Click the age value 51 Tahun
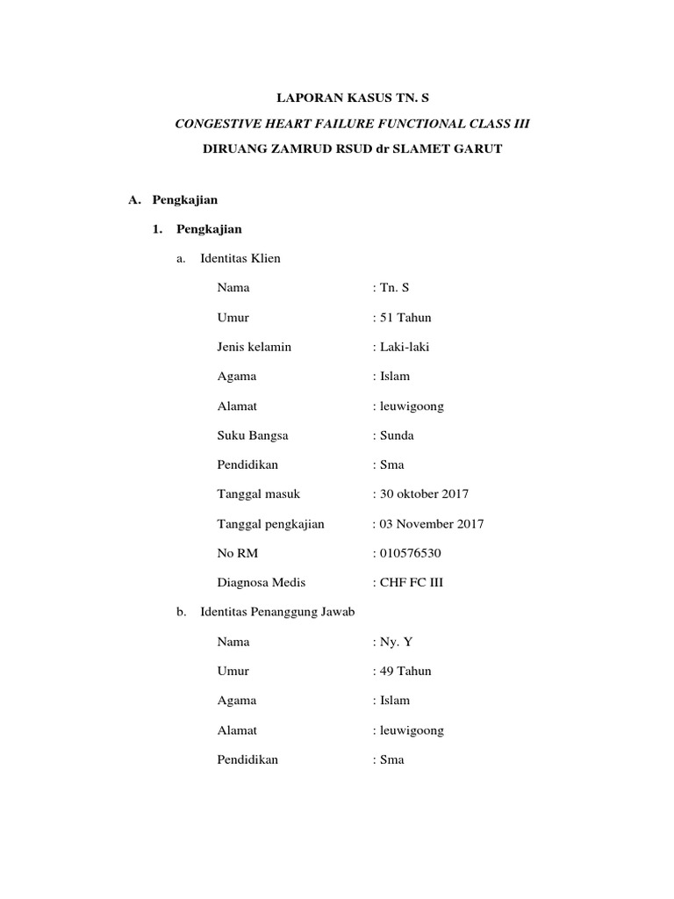pos(405,318)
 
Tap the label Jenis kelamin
pos(254,347)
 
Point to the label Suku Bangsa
pos(253,435)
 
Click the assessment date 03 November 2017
pos(431,524)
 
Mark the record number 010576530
pos(410,553)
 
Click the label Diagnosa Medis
pos(261,582)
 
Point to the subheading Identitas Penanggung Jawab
pos(277,612)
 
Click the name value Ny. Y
pos(395,642)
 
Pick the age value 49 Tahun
pos(405,671)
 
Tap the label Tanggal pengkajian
pos(270,524)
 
